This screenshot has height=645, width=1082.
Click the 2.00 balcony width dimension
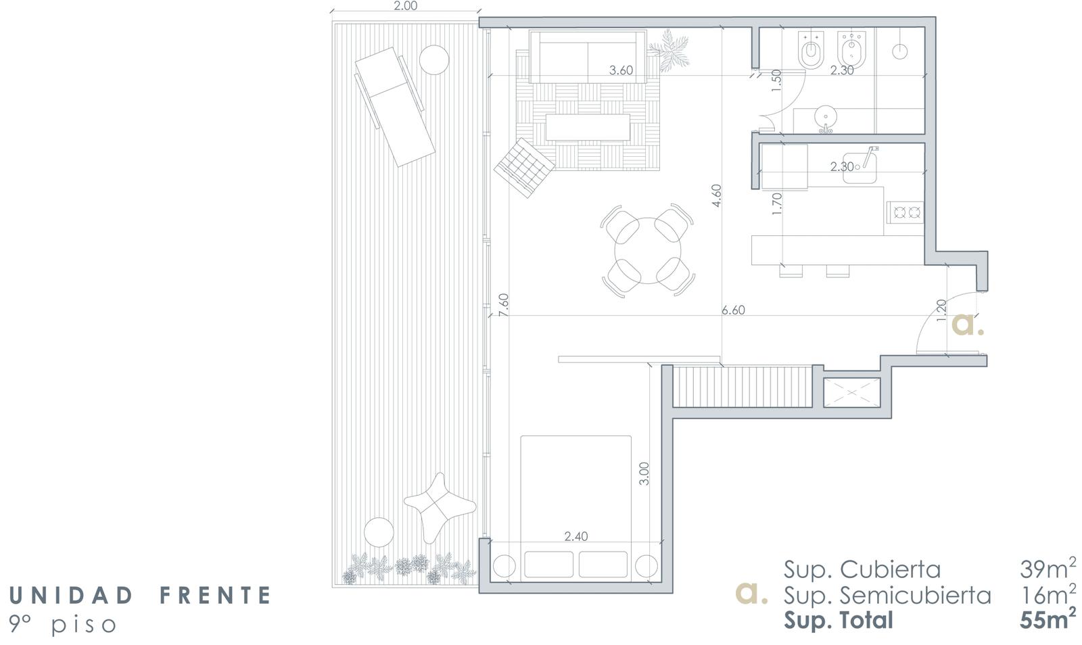pos(405,6)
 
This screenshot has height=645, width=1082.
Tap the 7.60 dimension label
pos(503,305)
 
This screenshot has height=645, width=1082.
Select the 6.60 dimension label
pos(733,310)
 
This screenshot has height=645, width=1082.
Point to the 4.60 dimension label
pos(716,195)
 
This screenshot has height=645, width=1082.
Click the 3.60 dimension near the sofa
pos(621,70)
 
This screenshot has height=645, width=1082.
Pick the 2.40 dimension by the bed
pos(576,536)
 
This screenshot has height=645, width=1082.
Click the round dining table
pos(648,251)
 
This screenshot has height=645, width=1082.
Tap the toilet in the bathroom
pos(811,50)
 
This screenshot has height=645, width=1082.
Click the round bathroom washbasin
pos(826,117)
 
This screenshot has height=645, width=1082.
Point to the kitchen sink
pos(860,168)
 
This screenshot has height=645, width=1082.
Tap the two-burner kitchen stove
pos(905,212)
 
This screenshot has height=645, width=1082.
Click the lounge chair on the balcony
pos(395,107)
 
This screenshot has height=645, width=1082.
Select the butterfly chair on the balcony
pos(440,507)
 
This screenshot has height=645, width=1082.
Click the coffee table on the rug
pos(588,127)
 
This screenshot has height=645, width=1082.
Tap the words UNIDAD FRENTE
pos(140,595)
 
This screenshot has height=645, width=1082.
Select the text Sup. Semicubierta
pos(887,595)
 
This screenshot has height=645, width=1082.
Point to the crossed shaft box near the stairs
pos(851,393)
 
